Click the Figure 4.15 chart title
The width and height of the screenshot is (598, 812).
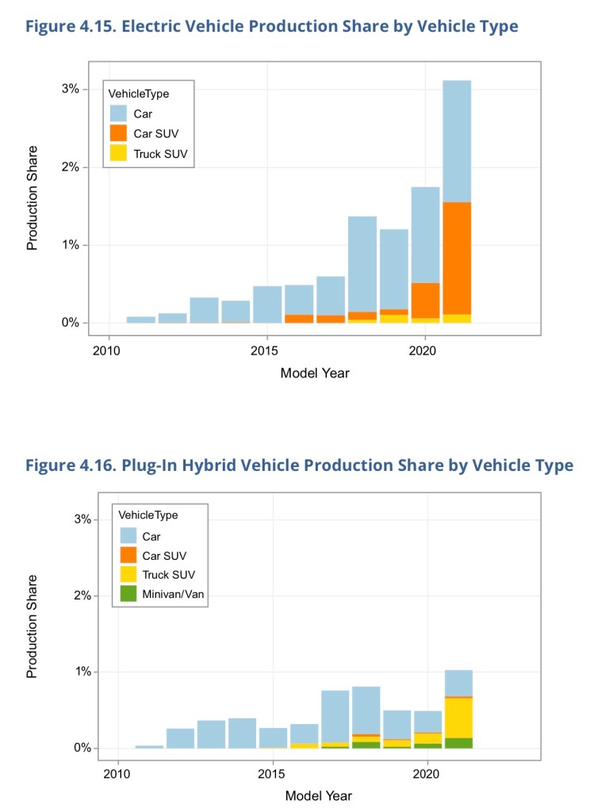pyautogui.click(x=272, y=27)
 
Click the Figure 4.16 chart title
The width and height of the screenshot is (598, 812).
pyautogui.click(x=299, y=465)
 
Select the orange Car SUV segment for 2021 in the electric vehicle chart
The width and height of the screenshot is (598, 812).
pyautogui.click(x=456, y=258)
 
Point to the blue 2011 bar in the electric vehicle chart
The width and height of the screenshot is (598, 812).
pyautogui.click(x=141, y=320)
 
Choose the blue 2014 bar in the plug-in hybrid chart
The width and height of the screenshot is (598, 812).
pyautogui.click(x=242, y=733)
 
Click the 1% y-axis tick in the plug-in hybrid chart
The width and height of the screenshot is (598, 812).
pyautogui.click(x=81, y=672)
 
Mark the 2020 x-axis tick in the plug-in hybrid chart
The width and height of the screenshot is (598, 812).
pyautogui.click(x=427, y=774)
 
